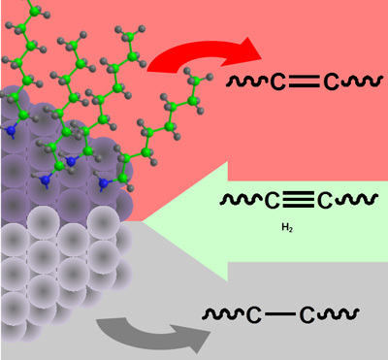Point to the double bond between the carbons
point(304,84)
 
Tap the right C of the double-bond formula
point(331,84)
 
